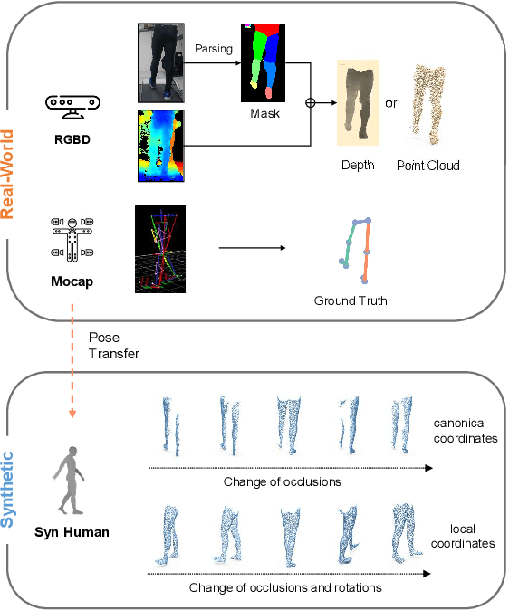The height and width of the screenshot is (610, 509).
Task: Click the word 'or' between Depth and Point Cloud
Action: coord(391,102)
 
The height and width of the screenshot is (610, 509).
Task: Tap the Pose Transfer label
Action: coord(114,345)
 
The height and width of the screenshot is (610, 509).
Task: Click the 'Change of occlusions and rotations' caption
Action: coord(285,587)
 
